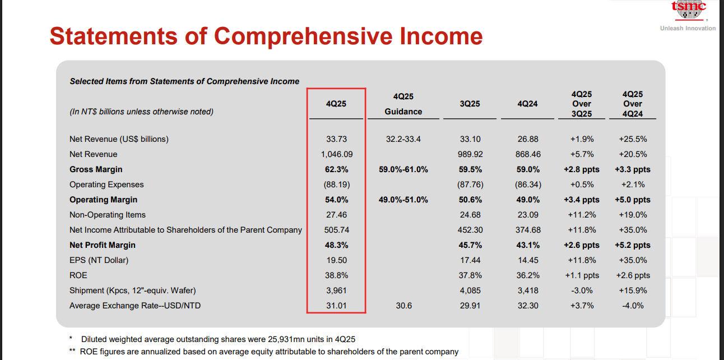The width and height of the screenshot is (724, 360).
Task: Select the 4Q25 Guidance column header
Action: tap(403, 104)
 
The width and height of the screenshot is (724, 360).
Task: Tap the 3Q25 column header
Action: tap(469, 104)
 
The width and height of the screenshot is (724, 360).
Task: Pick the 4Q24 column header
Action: tap(527, 104)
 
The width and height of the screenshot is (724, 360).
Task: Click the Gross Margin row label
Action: tap(96, 169)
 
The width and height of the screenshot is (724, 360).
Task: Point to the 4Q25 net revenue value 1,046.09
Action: tap(336, 154)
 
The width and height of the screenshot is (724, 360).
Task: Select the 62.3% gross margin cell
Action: tap(336, 169)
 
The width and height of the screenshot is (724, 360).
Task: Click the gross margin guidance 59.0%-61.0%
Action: tap(403, 169)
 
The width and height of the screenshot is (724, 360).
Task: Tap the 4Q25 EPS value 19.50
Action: tap(336, 260)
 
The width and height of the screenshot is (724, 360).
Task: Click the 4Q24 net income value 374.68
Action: tap(527, 230)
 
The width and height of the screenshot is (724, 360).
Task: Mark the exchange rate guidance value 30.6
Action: tap(403, 306)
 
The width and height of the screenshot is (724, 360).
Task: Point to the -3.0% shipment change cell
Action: tap(582, 290)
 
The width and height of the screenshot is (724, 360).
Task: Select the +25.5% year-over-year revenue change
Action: tap(633, 139)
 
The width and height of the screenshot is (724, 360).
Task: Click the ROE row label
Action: tap(78, 275)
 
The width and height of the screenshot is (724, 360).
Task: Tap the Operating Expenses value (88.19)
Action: tap(336, 184)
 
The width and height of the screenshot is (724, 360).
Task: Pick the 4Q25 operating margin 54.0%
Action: tap(336, 200)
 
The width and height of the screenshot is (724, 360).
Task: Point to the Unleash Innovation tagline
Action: tap(688, 28)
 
